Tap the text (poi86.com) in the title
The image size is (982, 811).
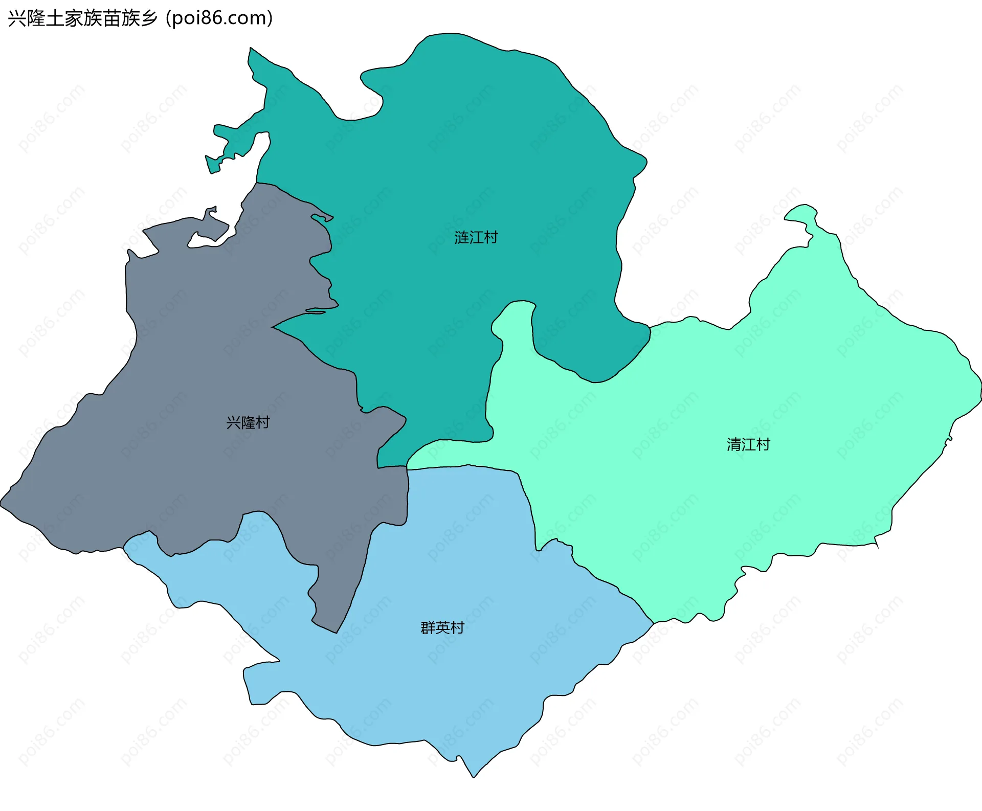click(219, 18)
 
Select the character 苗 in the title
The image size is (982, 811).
click(111, 18)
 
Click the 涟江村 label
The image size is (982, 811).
click(476, 238)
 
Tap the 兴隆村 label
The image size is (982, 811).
click(248, 422)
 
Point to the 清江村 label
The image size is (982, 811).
click(748, 444)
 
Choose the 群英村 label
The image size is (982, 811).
click(442, 627)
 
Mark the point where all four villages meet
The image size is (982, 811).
click(407, 467)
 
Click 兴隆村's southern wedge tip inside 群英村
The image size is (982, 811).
click(336, 633)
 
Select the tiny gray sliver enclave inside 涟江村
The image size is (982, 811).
click(315, 311)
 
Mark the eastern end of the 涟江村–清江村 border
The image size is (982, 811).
click(650, 327)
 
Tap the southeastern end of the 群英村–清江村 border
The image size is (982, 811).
click(654, 623)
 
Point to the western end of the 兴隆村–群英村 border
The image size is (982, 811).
click(123, 548)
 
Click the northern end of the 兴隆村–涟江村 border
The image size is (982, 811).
click(256, 183)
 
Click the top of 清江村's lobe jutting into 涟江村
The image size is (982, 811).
click(520, 302)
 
